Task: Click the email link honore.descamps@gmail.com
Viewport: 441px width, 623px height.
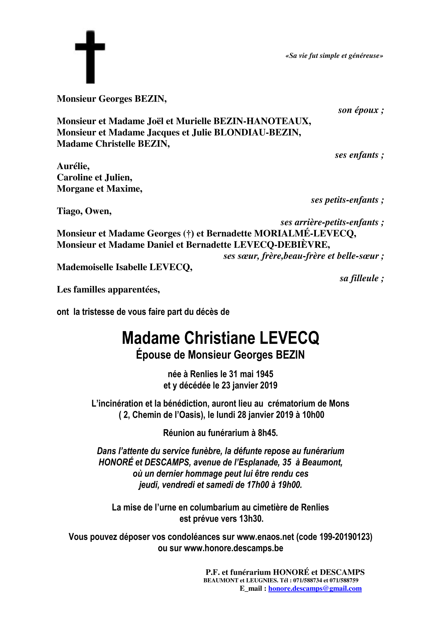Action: point(315,588)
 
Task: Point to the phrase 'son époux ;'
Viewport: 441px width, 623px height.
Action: point(361,110)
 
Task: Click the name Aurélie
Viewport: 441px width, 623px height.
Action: point(73,166)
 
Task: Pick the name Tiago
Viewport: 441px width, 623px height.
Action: point(69,211)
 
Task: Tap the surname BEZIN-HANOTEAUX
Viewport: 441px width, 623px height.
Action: point(262,121)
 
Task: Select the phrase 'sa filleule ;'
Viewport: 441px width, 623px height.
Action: point(362,278)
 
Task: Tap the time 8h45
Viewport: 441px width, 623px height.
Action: point(268,433)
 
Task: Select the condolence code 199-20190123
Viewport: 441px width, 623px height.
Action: point(345,537)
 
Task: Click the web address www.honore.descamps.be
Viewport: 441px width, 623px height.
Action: point(234,548)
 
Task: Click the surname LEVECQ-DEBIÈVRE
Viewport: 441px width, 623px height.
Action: point(282,245)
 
